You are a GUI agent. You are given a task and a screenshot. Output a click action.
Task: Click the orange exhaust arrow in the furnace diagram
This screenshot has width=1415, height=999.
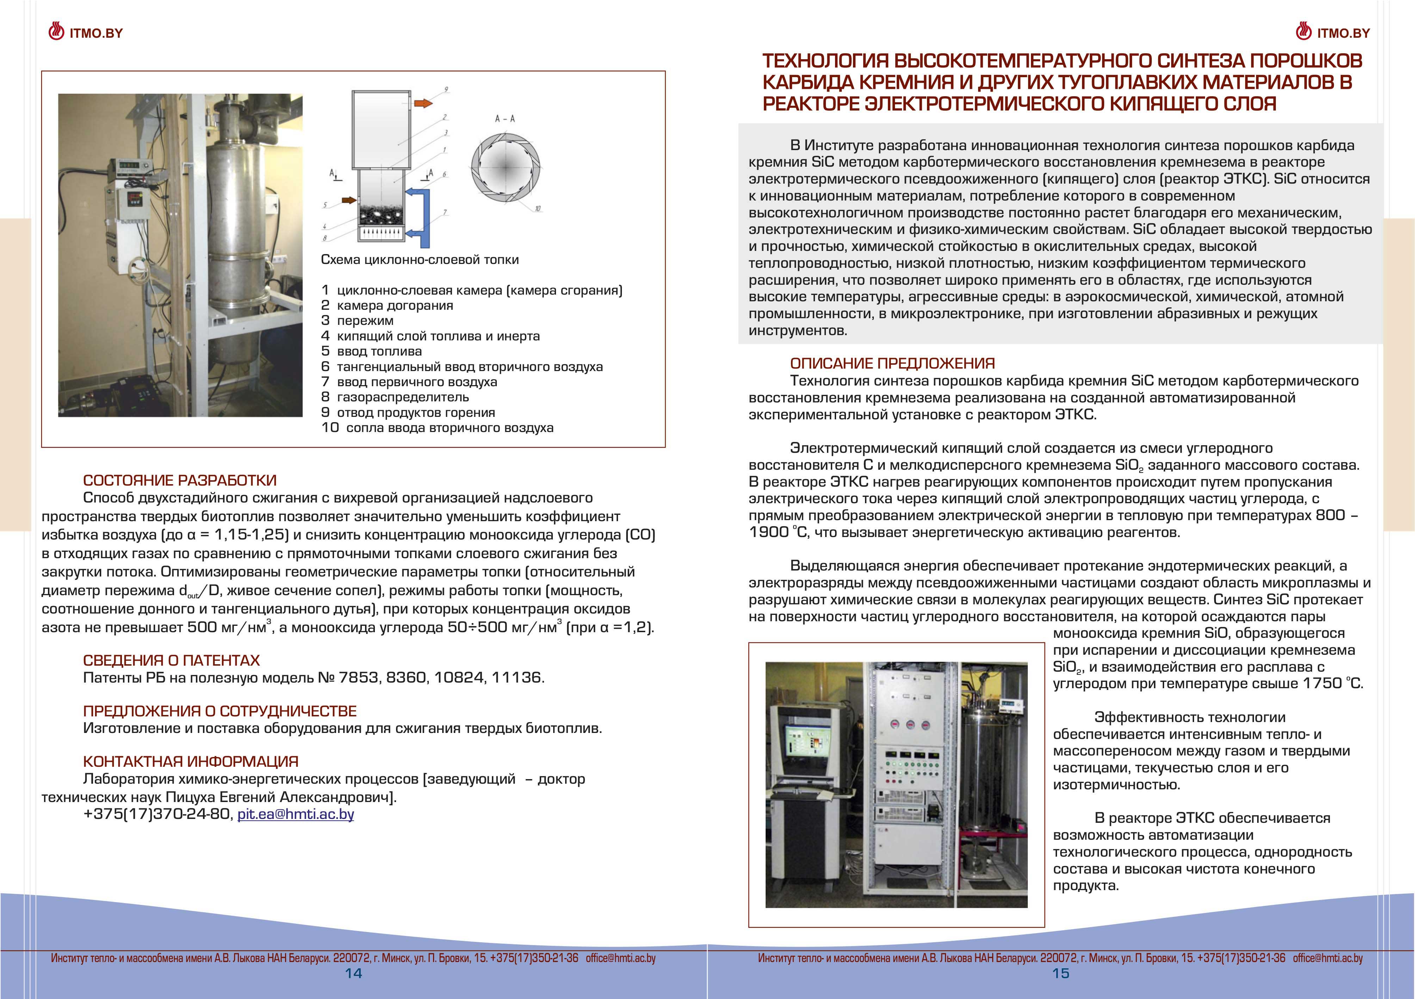[x=423, y=103]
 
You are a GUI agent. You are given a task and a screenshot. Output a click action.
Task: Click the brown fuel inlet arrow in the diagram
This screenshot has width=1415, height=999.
[x=349, y=200]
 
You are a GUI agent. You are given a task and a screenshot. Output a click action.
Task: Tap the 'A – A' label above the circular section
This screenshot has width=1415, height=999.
[x=505, y=118]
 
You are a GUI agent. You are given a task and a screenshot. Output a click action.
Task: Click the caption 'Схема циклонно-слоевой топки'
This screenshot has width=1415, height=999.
[x=420, y=259]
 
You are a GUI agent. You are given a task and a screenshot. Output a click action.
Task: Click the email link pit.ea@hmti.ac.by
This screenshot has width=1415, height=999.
[x=296, y=814]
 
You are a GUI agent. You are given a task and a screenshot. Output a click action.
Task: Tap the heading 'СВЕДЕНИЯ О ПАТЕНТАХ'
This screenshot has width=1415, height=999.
[x=171, y=660]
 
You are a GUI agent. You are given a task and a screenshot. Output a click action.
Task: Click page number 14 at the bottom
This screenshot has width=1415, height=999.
[x=353, y=973]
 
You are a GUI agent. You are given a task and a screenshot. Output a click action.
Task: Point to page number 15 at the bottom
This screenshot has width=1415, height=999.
[x=1061, y=973]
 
